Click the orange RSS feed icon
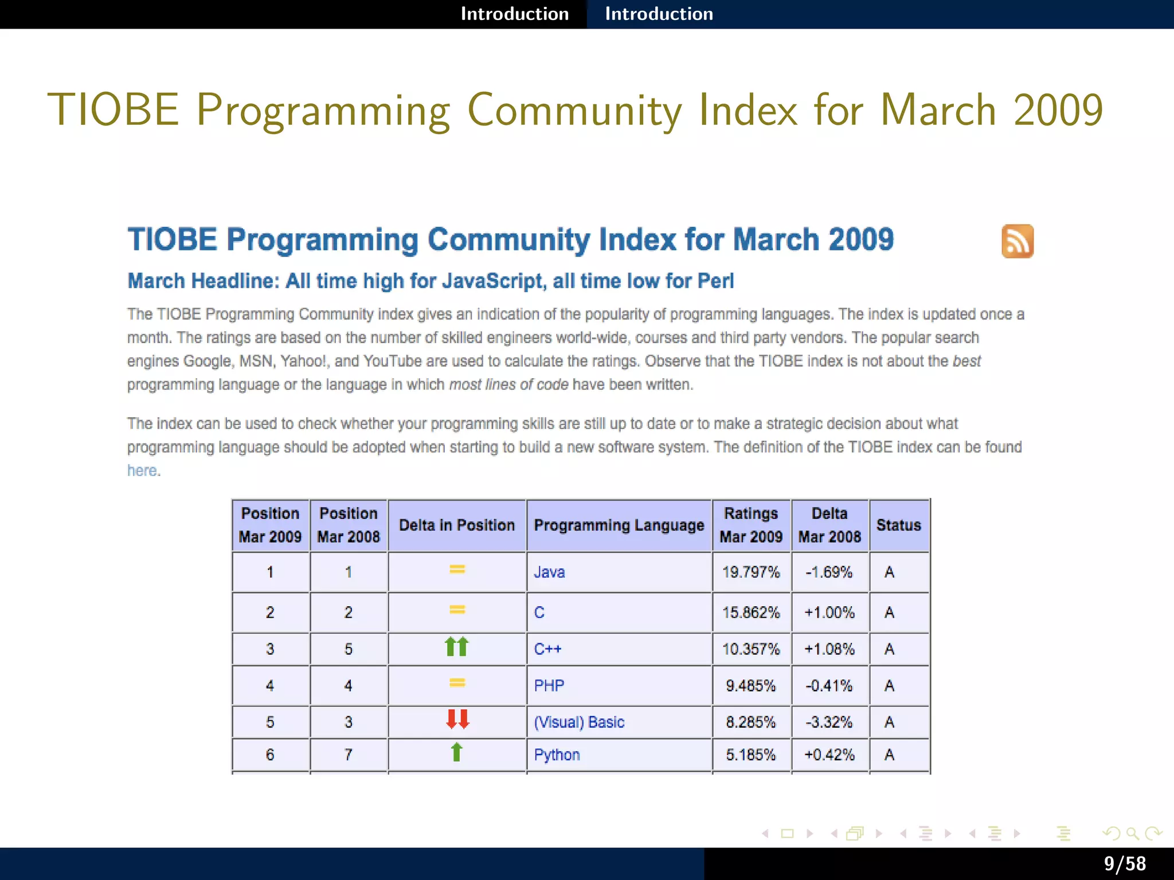[x=1018, y=241]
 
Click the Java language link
[x=549, y=572]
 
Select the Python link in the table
[x=557, y=755]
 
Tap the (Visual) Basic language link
[x=579, y=722]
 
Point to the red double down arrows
[x=457, y=719]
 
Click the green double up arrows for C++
[x=457, y=647]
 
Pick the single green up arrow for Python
[x=456, y=752]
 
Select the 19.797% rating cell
[x=751, y=572]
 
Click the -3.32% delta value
[x=829, y=722]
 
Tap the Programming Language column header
[x=619, y=525]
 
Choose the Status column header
[x=898, y=525]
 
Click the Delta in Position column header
[x=457, y=525]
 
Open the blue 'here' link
[x=142, y=470]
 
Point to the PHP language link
[x=549, y=685]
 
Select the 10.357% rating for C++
[x=751, y=649]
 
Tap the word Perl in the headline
[x=715, y=281]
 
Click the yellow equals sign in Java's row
[x=457, y=569]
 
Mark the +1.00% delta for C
[x=829, y=612]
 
